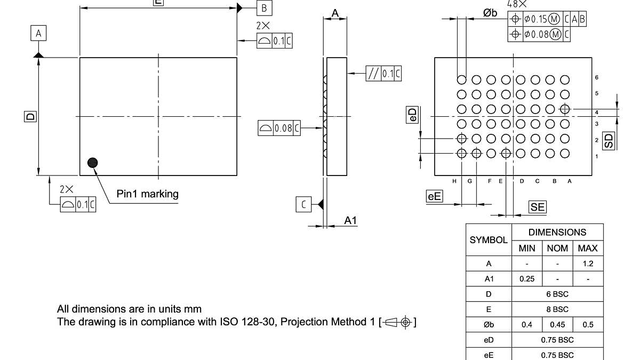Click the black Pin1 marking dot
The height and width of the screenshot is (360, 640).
93,163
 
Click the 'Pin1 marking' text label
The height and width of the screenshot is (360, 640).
147,194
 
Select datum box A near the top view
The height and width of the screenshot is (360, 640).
38,34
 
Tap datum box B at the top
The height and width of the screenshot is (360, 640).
265,8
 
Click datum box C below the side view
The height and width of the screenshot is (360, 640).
303,204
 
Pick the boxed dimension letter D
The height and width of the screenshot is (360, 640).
30,116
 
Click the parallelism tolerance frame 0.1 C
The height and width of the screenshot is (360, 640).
383,74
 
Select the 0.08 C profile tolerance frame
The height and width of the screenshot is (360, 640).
279,128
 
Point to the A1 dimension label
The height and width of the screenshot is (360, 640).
350,220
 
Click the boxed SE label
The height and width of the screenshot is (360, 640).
538,207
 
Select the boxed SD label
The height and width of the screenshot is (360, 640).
609,140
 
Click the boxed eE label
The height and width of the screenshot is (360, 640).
435,196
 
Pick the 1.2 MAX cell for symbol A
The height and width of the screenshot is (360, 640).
588,263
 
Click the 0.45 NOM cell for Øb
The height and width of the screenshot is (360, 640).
557,324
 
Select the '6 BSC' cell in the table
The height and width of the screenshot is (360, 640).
557,294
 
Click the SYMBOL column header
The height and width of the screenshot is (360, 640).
489,240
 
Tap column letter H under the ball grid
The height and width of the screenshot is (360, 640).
454,181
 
